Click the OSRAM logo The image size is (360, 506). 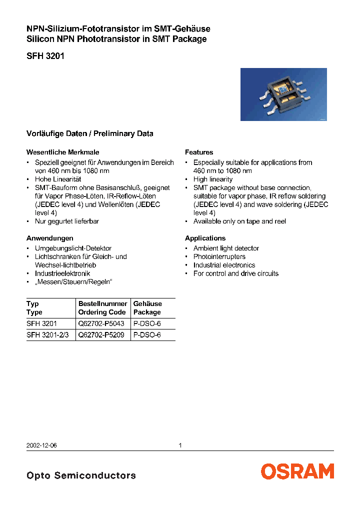pyautogui.click(x=297, y=471)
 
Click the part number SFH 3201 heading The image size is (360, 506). pyautogui.click(x=45, y=56)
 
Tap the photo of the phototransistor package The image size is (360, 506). pyautogui.click(x=283, y=94)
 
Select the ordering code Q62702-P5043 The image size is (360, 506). pyautogui.click(x=101, y=323)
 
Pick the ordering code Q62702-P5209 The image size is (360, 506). pyautogui.click(x=101, y=335)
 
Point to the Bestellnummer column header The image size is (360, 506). pyautogui.click(x=102, y=303)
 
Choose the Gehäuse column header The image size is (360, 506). pyautogui.click(x=147, y=303)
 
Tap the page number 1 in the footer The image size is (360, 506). pyautogui.click(x=180, y=445)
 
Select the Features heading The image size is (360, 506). pyautogui.click(x=199, y=152)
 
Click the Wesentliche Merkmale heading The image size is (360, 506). pyautogui.click(x=62, y=152)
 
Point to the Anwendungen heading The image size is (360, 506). pyautogui.click(x=49, y=238)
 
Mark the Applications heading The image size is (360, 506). pyautogui.click(x=205, y=238)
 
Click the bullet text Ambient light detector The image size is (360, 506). pyautogui.click(x=226, y=248)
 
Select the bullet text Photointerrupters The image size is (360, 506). pyautogui.click(x=219, y=256)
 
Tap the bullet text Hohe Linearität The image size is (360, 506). pyautogui.click(x=58, y=179)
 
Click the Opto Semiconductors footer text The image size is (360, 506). pyautogui.click(x=81, y=475)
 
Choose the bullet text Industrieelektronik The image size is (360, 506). pyautogui.click(x=62, y=273)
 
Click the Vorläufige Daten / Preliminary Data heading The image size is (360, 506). pyautogui.click(x=89, y=133)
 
